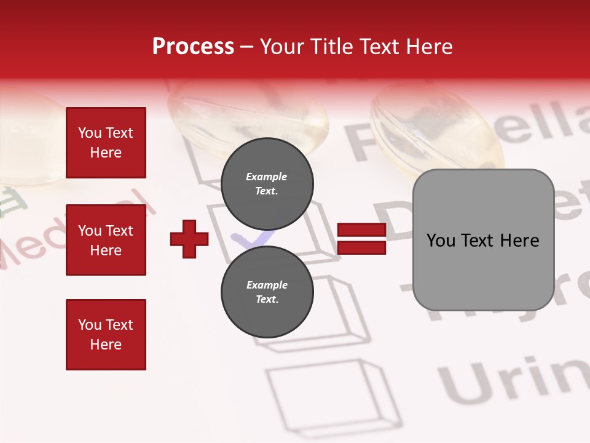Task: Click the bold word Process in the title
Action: [193, 47]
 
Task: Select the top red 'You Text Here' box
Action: [106, 143]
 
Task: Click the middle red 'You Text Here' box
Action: [106, 240]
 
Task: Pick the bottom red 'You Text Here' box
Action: [106, 334]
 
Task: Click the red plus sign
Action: [189, 239]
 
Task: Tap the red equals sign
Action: [362, 239]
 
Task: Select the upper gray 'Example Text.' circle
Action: [267, 184]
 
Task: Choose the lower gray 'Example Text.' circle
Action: [267, 292]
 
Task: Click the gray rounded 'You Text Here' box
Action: [483, 240]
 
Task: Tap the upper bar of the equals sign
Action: [362, 231]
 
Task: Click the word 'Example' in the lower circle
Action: [267, 285]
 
